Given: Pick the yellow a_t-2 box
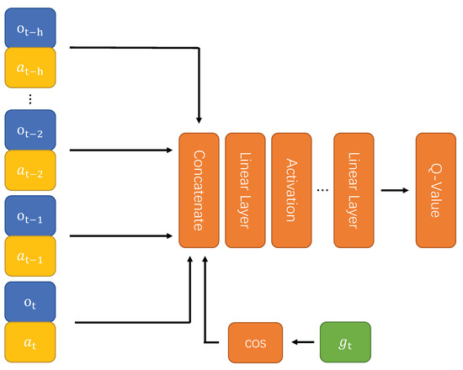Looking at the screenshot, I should pos(30,169).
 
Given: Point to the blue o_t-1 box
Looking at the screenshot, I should pos(30,214).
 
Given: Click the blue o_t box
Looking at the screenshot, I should pos(30,301).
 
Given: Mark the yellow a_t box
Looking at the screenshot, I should pos(30,341).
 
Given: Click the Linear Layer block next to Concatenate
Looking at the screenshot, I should pos(245,189).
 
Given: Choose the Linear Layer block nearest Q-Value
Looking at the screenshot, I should pos(352,189).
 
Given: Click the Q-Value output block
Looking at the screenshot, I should pos(435,189).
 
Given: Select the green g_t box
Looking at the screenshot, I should pos(343,343).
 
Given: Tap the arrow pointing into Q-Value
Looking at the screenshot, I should pos(393,189).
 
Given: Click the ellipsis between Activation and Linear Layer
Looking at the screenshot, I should pos(322,190).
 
